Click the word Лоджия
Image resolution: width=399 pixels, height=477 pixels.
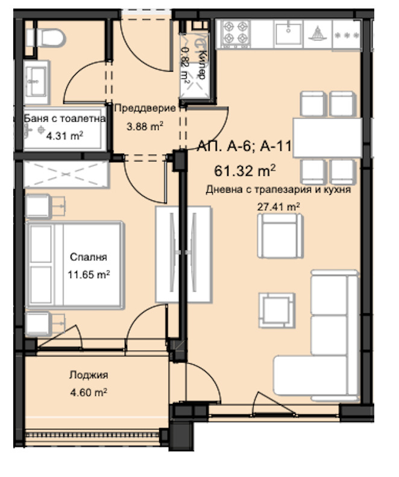coord(88,375)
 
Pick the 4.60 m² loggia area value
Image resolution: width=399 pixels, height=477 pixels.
coord(88,392)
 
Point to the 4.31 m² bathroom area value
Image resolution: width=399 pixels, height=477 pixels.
coord(64,136)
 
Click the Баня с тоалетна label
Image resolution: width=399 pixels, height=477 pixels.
coord(64,119)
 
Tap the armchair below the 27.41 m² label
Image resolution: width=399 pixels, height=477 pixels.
coord(278,237)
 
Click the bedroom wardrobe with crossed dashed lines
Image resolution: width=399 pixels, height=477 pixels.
coord(67,173)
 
